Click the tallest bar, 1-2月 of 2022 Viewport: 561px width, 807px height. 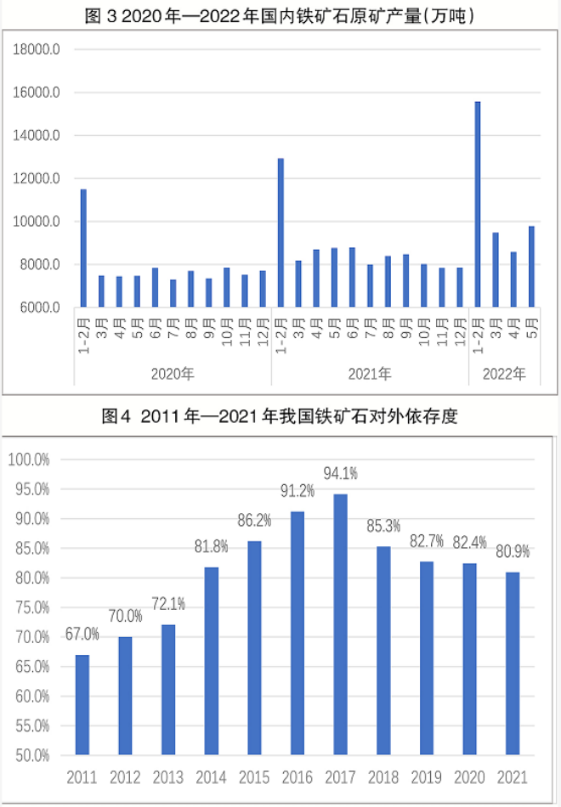click(x=478, y=205)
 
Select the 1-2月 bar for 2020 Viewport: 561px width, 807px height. click(x=83, y=248)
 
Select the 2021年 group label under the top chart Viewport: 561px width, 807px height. click(x=370, y=374)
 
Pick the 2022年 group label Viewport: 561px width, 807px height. click(x=505, y=374)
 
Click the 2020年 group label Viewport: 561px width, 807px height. click(x=173, y=374)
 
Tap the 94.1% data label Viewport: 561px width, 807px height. click(x=340, y=472)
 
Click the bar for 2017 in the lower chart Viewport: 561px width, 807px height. click(x=341, y=624)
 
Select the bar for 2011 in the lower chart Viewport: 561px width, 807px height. click(x=82, y=705)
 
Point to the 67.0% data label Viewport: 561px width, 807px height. click(x=82, y=634)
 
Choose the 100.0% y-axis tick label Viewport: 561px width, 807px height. click(x=30, y=460)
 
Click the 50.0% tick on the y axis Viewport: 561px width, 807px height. click(x=31, y=755)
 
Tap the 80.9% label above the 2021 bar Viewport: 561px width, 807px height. click(x=513, y=551)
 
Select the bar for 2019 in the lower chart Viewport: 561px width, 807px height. click(x=427, y=658)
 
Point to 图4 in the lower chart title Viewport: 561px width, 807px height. click(x=116, y=416)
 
